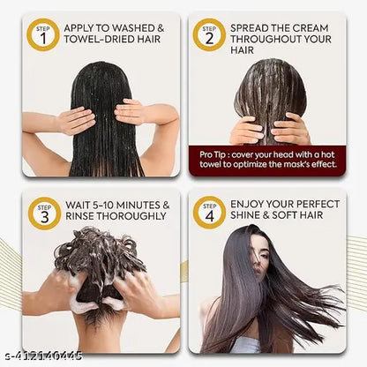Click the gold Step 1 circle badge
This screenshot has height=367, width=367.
(x=43, y=35)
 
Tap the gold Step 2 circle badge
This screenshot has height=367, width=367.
(x=209, y=35)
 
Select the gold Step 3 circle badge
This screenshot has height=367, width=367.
(x=44, y=213)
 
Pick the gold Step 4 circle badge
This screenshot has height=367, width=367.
(x=209, y=213)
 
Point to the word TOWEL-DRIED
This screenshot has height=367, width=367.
(x=90, y=40)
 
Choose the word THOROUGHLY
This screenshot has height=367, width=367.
(x=131, y=216)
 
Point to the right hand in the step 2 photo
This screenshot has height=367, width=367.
(x=290, y=130)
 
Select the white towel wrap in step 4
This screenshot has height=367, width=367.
(x=245, y=345)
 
